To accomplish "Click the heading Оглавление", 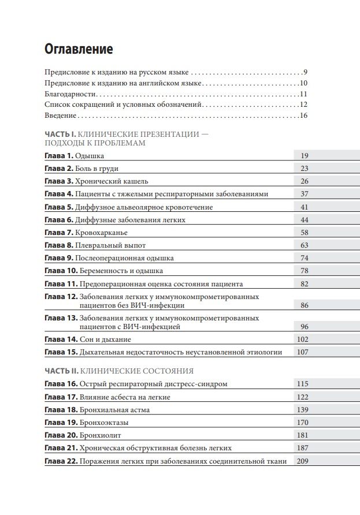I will pos(79,49).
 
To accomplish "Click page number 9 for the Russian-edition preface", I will pos(305,72).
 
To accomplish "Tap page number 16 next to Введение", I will pos(303,115).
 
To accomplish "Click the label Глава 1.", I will pos(59,156).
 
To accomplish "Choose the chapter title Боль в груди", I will pos(97,169).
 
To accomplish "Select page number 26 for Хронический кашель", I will pos(305,181).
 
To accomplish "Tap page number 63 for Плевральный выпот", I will pos(305,245).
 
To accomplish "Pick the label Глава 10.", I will pos(61,271).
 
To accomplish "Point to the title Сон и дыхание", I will pos(106,339).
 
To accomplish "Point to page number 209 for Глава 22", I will pos(302,461).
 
